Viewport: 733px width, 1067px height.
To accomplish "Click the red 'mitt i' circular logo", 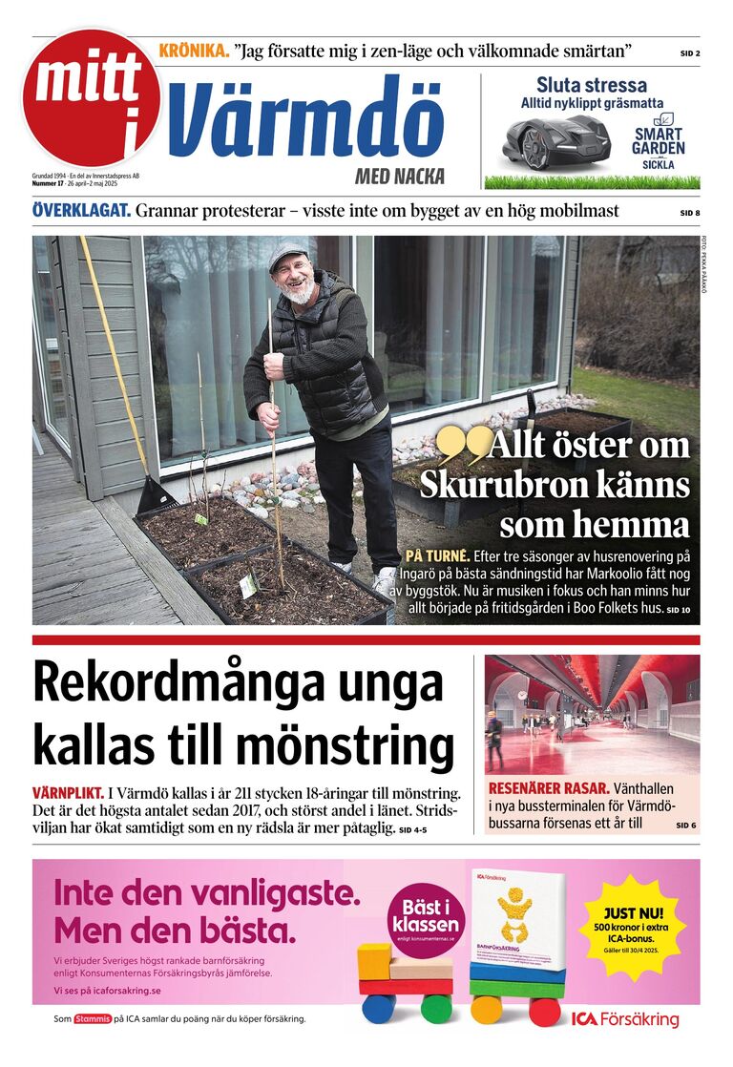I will (92, 99).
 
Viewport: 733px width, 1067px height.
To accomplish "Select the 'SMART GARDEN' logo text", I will (659, 142).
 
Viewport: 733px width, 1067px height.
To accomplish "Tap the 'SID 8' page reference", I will (689, 213).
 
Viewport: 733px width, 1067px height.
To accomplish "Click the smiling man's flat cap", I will (287, 256).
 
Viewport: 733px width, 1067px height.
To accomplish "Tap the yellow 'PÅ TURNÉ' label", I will (437, 555).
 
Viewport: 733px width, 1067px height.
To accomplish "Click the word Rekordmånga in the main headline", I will (239, 683).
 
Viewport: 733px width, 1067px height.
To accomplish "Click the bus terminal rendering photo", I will (592, 714).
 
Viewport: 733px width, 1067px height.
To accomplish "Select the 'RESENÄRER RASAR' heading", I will (548, 788).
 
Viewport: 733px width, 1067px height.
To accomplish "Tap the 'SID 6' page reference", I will (686, 825).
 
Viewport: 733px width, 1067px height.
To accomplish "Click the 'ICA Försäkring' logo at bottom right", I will (625, 1019).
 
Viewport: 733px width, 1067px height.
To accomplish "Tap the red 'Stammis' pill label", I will (92, 1019).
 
